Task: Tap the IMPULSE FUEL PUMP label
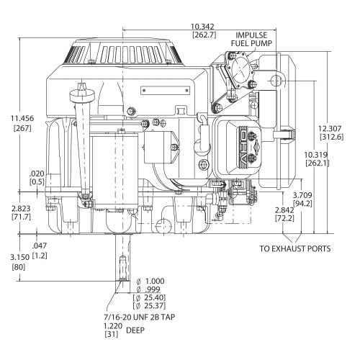click(251, 39)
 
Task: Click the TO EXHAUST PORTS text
click(295, 250)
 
